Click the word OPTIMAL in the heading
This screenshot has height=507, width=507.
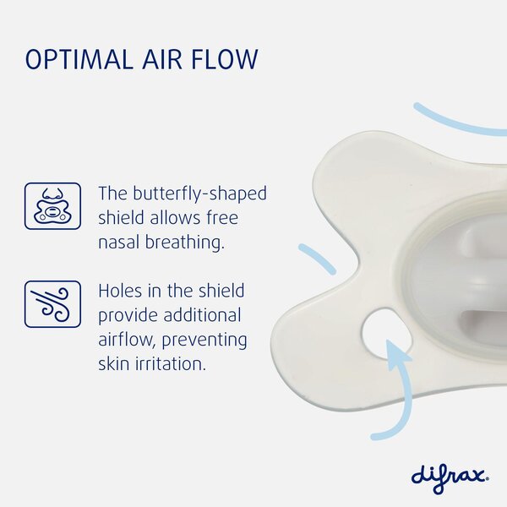pos(79,60)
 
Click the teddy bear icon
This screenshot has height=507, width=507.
pos(52,205)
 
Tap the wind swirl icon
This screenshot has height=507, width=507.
pos(52,303)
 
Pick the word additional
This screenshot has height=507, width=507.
pos(200,315)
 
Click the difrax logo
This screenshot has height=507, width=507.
pos(450,473)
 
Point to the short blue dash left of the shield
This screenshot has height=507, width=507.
pos(318,259)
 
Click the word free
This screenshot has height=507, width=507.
pos(219,217)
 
